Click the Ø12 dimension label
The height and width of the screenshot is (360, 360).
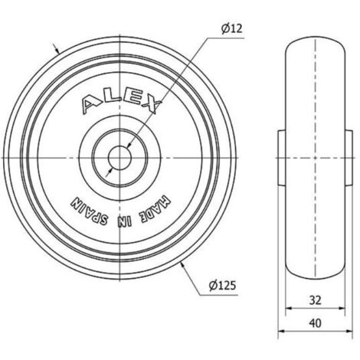coord(231,28)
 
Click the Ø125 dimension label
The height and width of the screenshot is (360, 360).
coord(222,286)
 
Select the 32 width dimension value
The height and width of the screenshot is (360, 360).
coord(315,300)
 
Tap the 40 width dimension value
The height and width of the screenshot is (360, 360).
coord(315,323)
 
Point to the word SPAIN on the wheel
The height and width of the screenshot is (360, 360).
coord(89,211)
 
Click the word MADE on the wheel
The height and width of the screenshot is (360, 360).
coord(154,209)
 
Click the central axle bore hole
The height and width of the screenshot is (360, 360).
coord(119,158)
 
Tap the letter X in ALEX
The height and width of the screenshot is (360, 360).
coord(152,105)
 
